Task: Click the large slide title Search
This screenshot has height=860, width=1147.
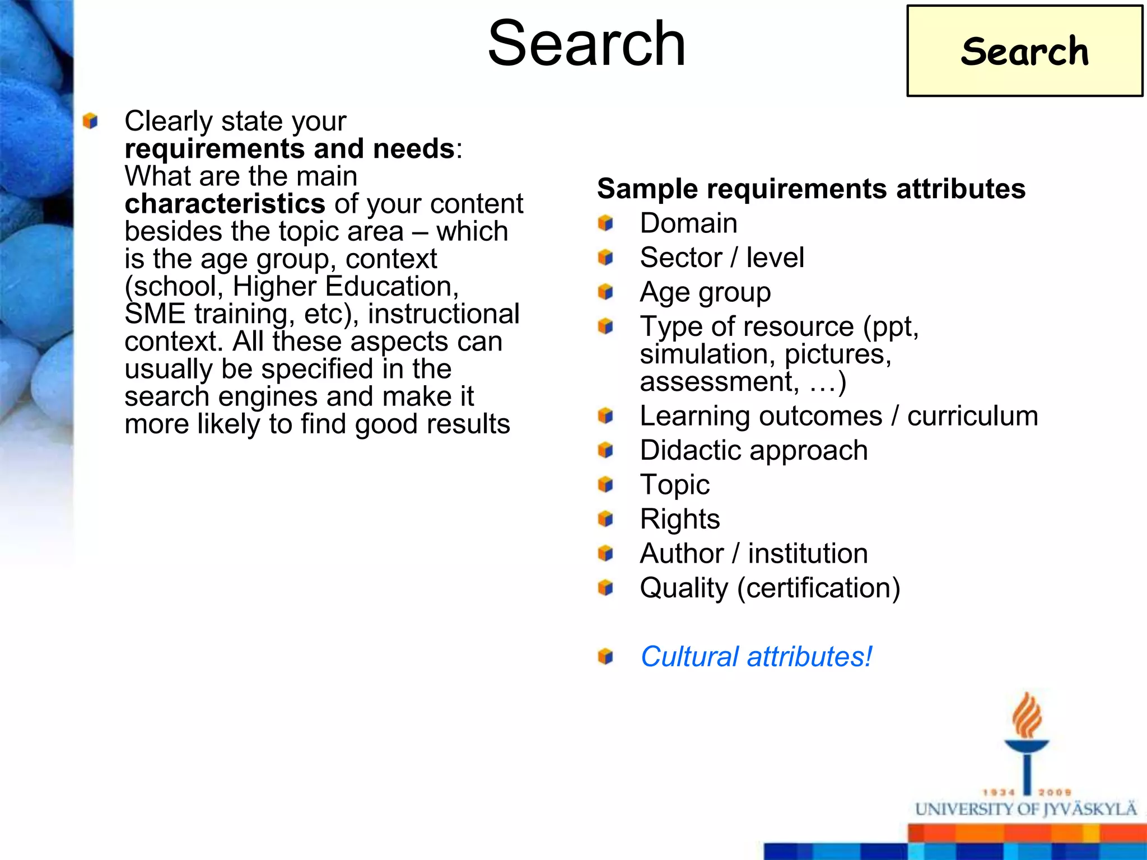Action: click(586, 44)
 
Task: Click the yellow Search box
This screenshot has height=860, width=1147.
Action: click(1024, 51)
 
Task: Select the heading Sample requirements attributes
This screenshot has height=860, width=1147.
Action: click(811, 189)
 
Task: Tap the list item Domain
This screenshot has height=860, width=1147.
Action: click(688, 223)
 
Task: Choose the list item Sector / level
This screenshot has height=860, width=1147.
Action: click(722, 258)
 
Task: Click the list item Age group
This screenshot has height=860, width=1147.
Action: click(705, 292)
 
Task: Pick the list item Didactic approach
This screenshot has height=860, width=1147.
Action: click(754, 450)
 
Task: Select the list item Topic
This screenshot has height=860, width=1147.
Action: click(674, 485)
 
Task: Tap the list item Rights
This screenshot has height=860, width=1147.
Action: click(680, 519)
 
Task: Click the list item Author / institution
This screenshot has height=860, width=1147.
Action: click(754, 554)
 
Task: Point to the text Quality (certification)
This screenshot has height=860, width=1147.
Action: click(770, 588)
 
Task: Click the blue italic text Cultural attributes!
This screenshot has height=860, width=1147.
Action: click(756, 657)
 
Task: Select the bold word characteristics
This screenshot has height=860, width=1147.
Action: click(225, 204)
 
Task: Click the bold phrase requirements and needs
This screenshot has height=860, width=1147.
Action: click(290, 149)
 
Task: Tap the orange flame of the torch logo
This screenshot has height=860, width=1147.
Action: click(1027, 716)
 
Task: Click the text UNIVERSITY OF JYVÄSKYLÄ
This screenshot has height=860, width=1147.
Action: click(1026, 810)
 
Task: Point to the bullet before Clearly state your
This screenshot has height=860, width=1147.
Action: click(90, 121)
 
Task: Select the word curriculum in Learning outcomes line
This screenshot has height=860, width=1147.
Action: click(972, 416)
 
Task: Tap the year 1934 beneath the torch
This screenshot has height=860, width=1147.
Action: click(999, 792)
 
